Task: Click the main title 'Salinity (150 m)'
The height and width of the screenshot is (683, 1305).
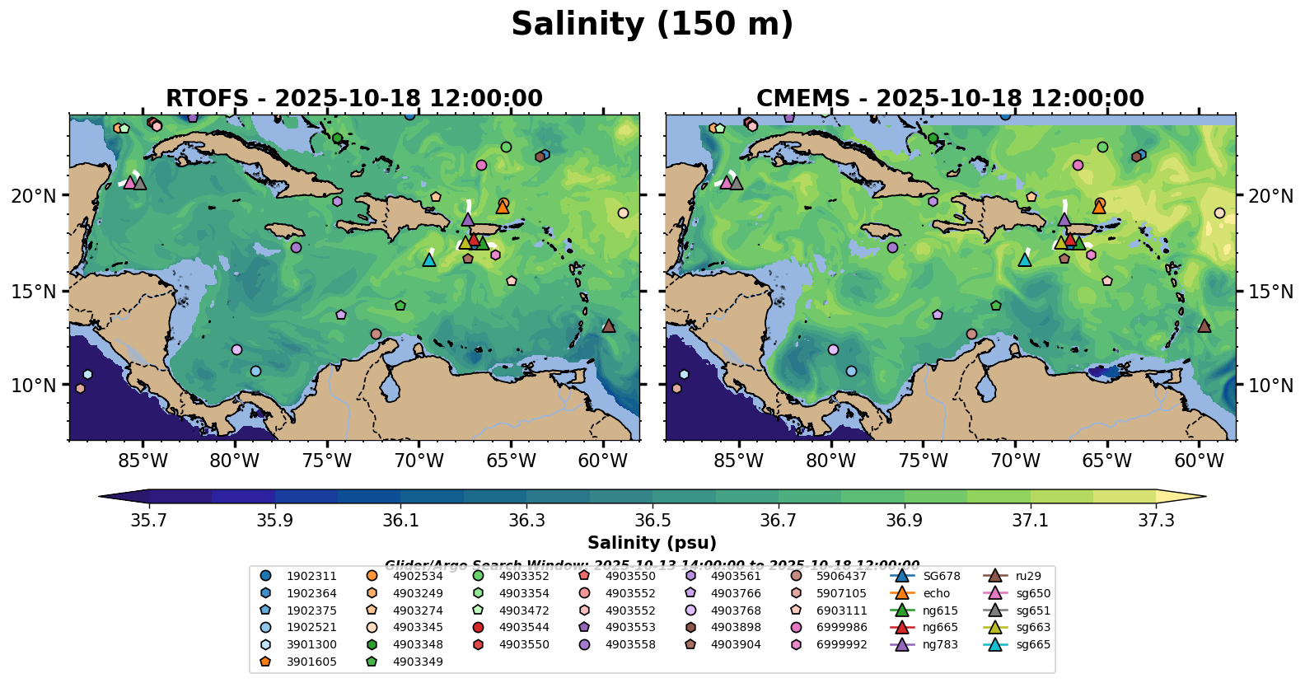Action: point(652,25)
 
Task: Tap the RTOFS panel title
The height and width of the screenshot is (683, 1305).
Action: point(354,99)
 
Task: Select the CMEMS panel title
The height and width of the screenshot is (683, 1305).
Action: point(950,99)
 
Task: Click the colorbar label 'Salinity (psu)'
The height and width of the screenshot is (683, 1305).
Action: point(652,543)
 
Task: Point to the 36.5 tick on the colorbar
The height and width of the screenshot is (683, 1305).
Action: point(652,521)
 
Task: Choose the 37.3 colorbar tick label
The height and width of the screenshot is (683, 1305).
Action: point(1156,521)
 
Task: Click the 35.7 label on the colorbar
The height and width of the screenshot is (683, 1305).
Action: point(149,521)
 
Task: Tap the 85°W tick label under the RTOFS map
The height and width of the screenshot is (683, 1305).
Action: point(143,461)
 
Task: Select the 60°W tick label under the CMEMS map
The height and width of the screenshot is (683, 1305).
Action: point(1199,461)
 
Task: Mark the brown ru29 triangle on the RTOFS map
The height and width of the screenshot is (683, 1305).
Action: point(609,325)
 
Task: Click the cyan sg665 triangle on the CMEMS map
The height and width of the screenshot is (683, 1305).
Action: point(1024,260)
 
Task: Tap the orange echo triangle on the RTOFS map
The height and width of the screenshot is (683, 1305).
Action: point(503,207)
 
